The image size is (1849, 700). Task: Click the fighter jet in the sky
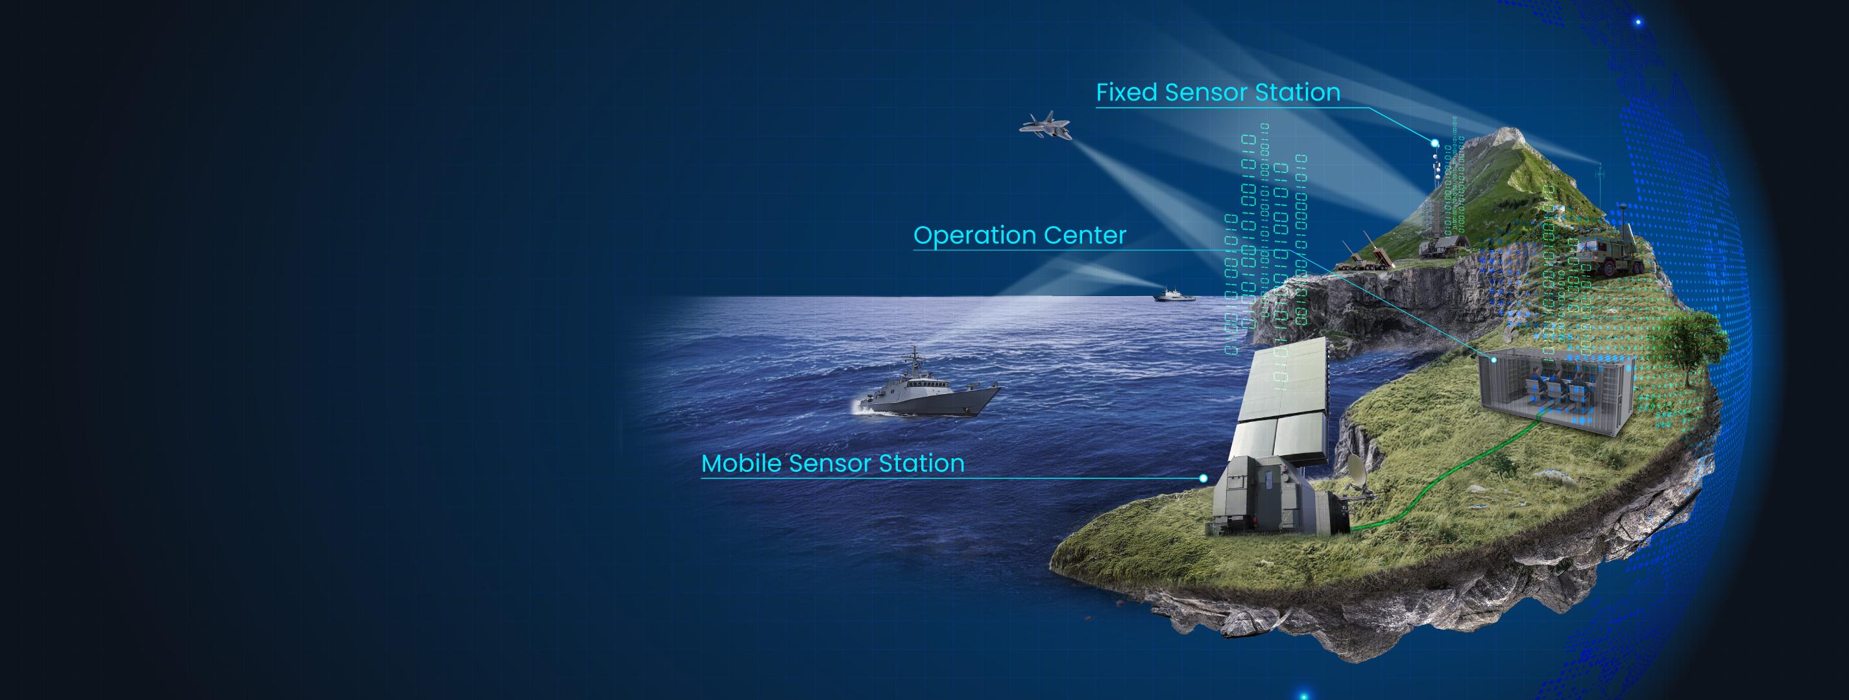(x=1045, y=126)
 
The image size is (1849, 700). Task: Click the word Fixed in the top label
(x=1126, y=93)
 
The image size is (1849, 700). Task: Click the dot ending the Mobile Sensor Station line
(x=1203, y=478)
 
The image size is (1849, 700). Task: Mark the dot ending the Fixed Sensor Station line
(x=1435, y=143)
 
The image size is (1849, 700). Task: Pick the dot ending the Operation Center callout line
(x=1493, y=359)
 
